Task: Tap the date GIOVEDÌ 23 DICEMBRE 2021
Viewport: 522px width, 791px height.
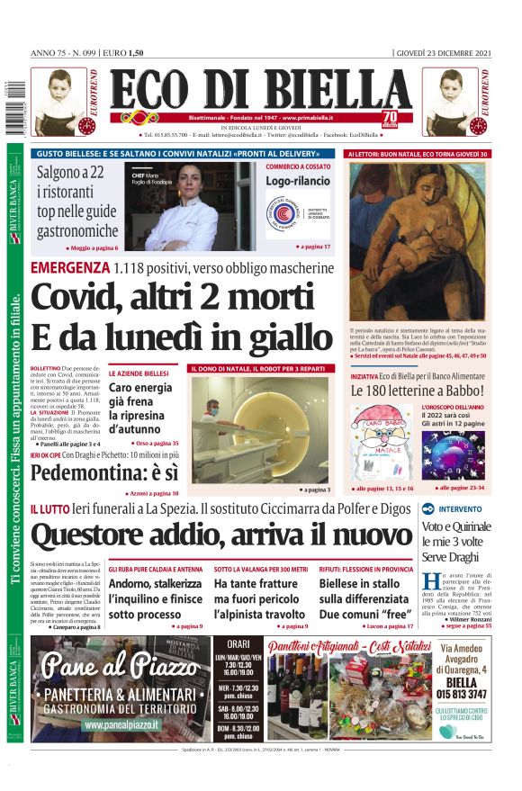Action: pos(444,52)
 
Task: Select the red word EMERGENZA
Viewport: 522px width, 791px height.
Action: pos(70,268)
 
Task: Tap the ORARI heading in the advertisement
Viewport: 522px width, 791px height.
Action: pos(238,644)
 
